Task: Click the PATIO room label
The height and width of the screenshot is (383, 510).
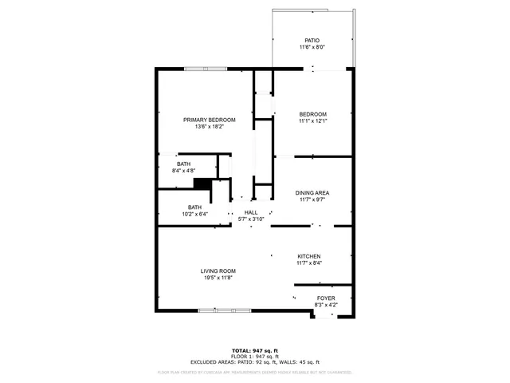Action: point(312,40)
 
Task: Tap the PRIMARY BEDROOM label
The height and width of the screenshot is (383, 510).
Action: point(210,120)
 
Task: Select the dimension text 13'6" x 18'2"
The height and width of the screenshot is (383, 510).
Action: point(210,126)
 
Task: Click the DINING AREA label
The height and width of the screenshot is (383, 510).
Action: point(312,192)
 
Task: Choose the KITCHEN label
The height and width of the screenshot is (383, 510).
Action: point(308,256)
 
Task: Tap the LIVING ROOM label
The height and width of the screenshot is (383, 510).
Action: point(218,270)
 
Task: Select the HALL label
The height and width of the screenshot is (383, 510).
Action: point(250,212)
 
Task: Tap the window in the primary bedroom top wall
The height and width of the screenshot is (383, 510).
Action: point(206,69)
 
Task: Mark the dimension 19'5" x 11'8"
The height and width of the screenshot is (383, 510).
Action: point(218,277)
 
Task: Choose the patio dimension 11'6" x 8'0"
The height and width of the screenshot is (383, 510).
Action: point(312,46)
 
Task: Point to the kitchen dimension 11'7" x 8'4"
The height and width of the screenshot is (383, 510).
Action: point(308,263)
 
